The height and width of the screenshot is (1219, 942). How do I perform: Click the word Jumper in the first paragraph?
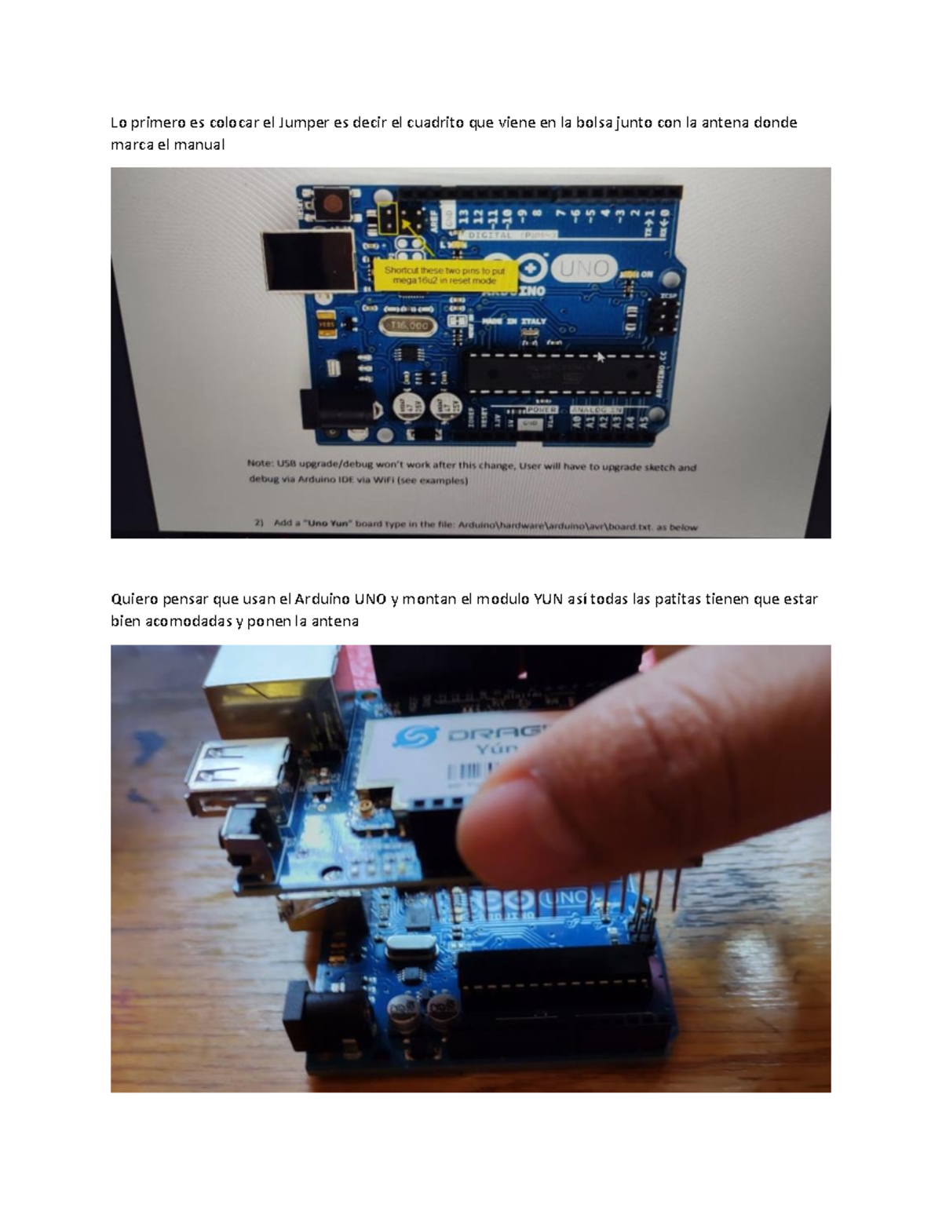[307, 122]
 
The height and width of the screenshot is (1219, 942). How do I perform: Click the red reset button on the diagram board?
[333, 206]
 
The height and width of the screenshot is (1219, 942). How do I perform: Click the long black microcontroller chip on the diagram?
[561, 371]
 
